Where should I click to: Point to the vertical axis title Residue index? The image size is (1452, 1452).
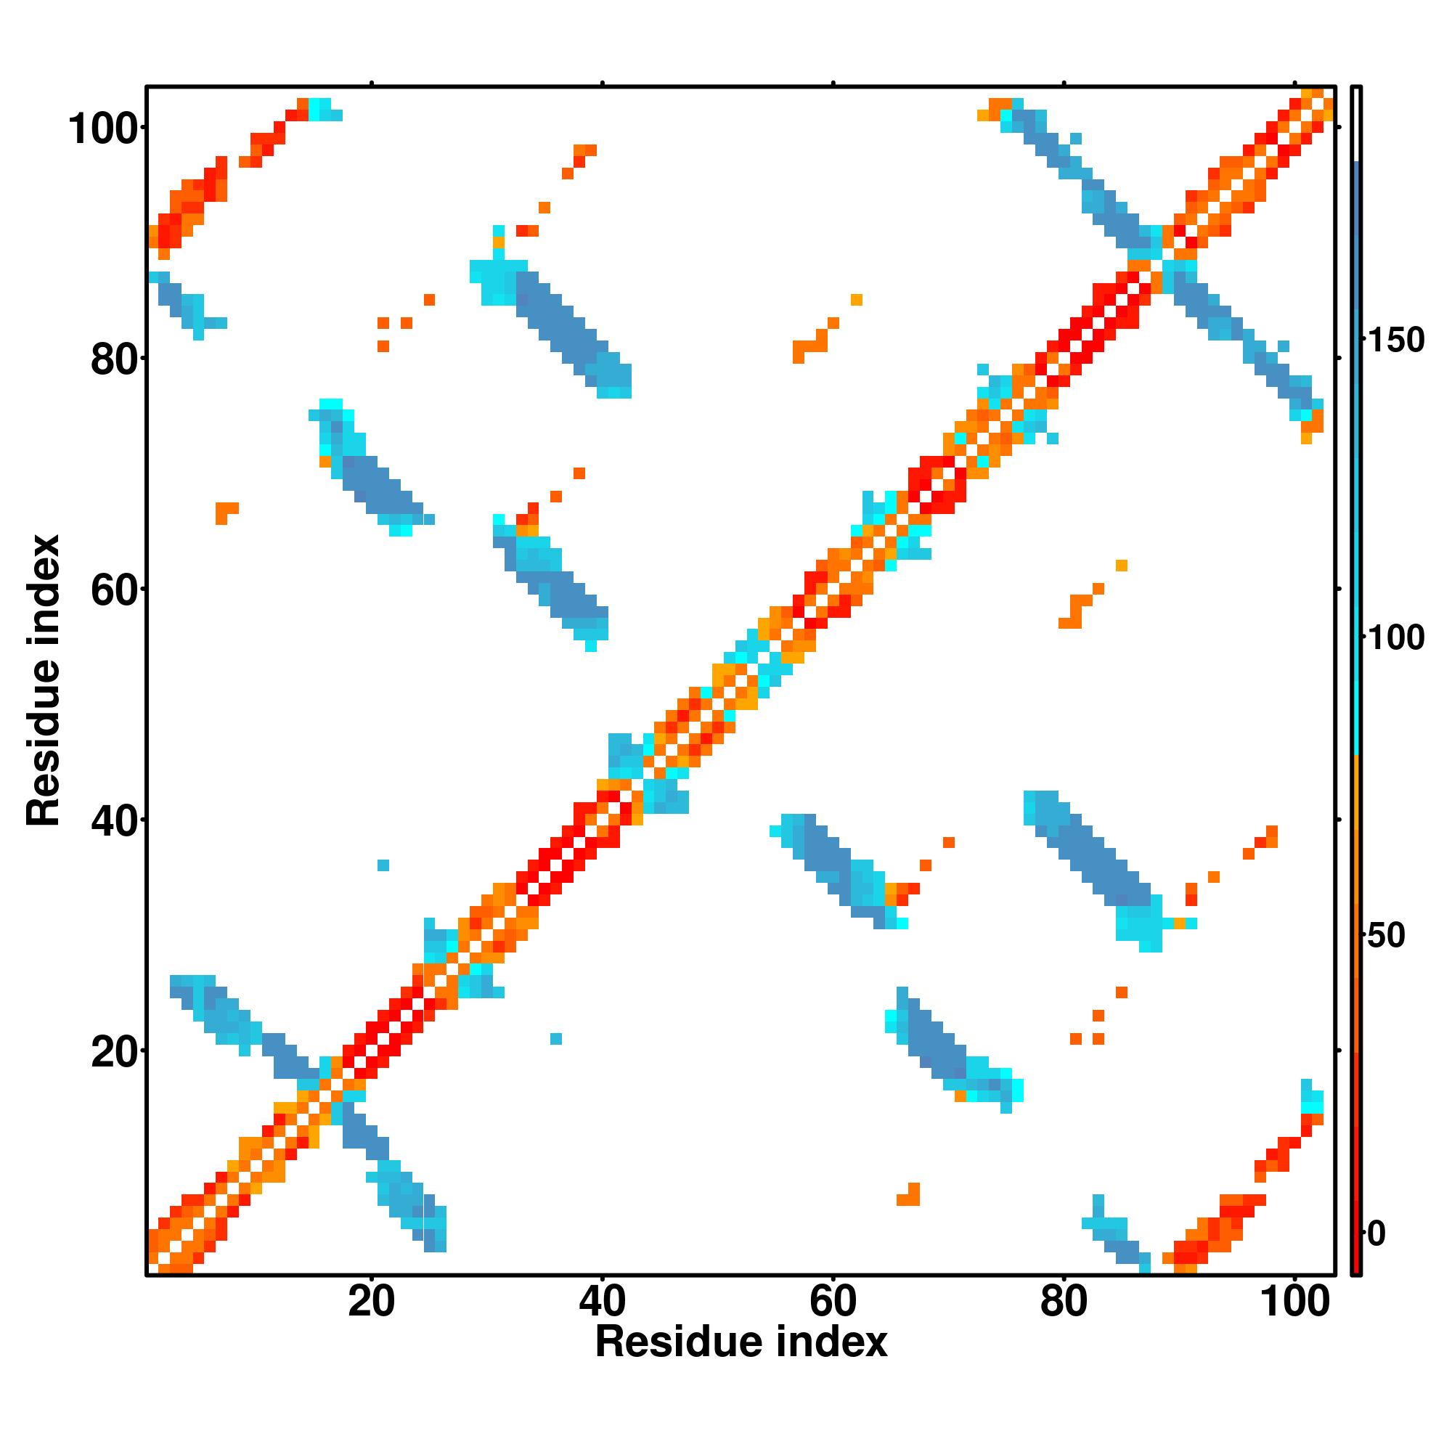tap(44, 681)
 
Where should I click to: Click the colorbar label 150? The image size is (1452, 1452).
tap(1395, 341)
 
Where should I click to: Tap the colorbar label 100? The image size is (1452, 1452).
tap(1395, 639)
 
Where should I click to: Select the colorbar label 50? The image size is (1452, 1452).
tap(1387, 937)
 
